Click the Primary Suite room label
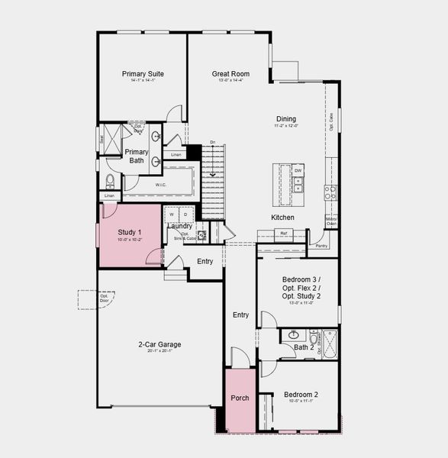tap(143, 74)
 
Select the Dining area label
tap(285, 119)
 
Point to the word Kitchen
tap(282, 218)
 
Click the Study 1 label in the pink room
tap(129, 232)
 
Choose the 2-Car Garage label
tap(160, 344)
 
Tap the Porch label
tap(240, 398)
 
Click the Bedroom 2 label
tap(301, 395)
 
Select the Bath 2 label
tap(304, 347)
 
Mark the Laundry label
tap(179, 226)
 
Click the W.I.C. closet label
tap(161, 184)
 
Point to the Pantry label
tap(321, 246)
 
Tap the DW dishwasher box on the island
tap(298, 169)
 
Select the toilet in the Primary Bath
tap(110, 181)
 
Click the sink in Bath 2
tap(294, 334)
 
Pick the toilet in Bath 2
tap(313, 334)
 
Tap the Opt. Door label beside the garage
tap(84, 298)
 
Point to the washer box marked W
tap(172, 214)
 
